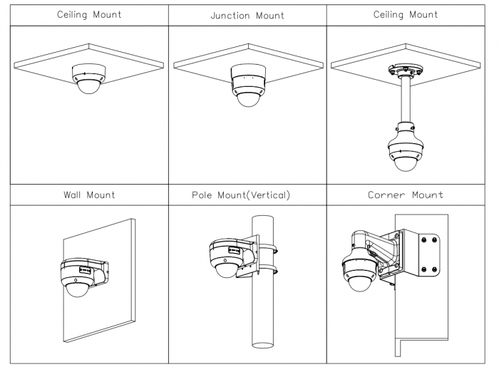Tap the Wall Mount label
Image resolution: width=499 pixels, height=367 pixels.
(x=89, y=195)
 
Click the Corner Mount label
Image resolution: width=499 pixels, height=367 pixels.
(x=406, y=195)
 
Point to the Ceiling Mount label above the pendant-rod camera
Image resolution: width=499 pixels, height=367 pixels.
(x=406, y=14)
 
